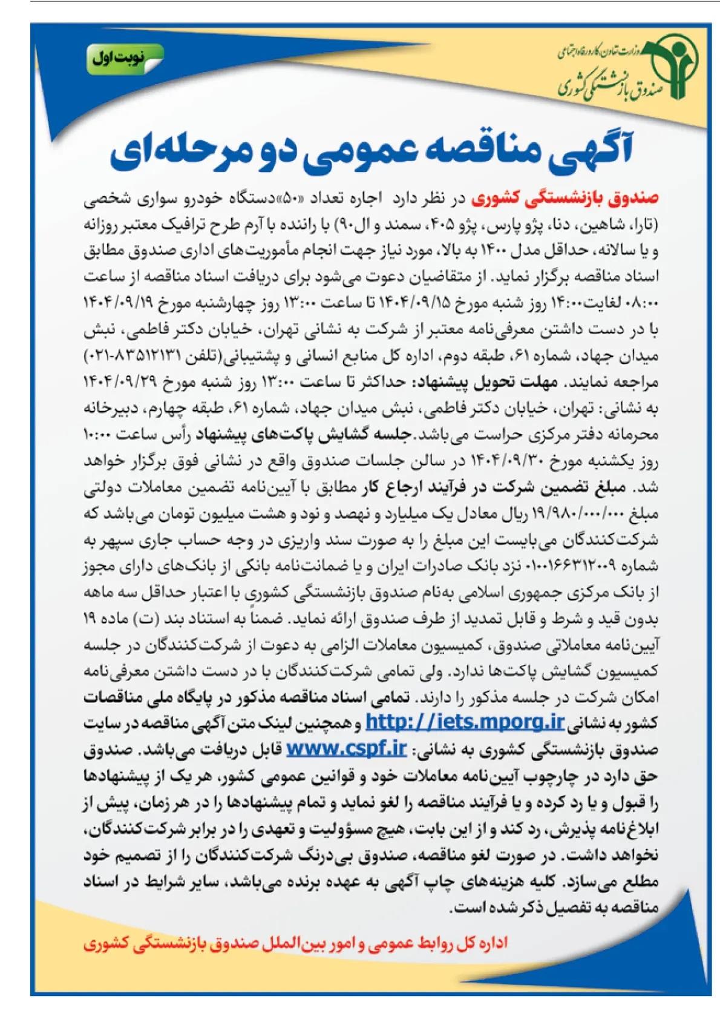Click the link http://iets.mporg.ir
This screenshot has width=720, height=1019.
coord(465,722)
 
